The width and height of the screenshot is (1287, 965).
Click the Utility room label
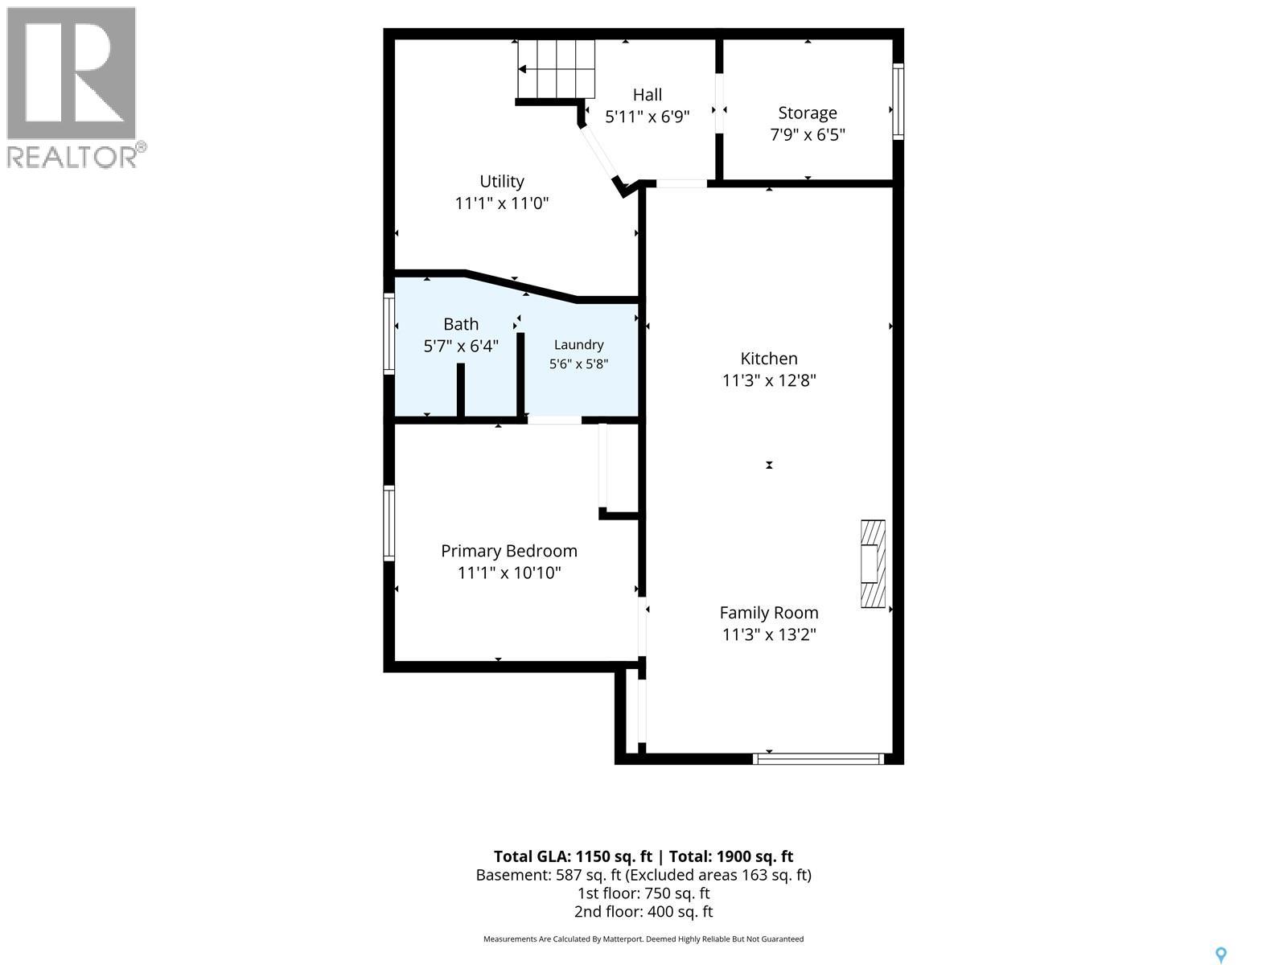pos(501,182)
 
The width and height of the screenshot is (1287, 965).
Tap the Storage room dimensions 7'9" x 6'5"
pos(808,135)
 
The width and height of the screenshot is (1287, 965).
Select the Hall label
pos(648,94)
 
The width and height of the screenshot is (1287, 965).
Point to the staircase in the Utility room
pos(556,69)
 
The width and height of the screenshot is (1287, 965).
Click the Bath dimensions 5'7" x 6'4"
pos(461,347)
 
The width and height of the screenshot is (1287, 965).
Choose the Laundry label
pos(578,344)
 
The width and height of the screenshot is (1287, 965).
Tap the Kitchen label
pos(769,358)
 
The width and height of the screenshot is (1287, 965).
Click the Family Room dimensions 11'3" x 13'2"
pos(769,634)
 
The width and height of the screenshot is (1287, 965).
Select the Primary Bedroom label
pos(509,551)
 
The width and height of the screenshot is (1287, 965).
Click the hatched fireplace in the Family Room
pos(873,564)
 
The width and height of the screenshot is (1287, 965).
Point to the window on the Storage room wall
pos(898,101)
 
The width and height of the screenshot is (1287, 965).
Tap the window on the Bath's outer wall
pos(389,334)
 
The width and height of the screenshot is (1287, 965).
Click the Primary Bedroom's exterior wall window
pos(389,523)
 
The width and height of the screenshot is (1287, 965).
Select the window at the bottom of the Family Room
pos(818,759)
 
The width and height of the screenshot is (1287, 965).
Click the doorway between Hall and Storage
pos(719,104)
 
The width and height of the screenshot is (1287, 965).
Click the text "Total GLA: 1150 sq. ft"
pos(573,856)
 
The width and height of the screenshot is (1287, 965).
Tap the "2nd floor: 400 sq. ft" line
pos(643,912)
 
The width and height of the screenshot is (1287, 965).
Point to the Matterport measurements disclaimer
pos(643,938)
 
